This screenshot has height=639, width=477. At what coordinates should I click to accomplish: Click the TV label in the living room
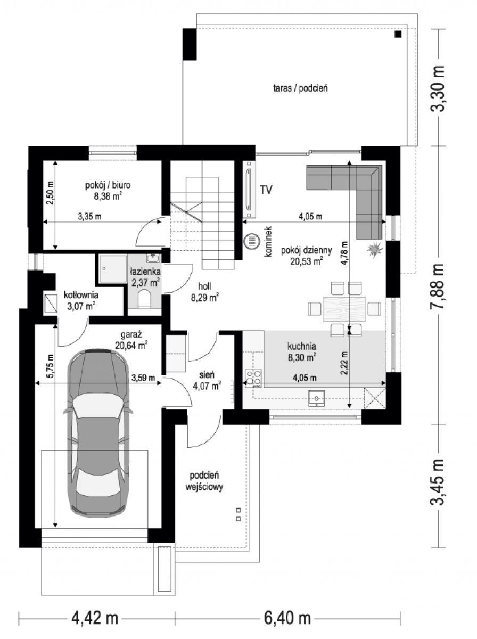[x=266, y=190]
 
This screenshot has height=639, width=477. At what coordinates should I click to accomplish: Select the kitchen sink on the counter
[x=316, y=398]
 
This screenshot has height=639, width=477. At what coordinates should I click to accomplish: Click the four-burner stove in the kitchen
[x=253, y=378]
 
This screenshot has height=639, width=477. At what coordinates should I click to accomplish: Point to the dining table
[x=344, y=309]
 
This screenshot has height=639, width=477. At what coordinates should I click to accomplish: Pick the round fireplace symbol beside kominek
[x=252, y=241]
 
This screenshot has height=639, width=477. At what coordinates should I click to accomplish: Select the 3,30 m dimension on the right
[x=438, y=88]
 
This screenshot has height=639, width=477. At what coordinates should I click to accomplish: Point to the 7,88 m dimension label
[x=438, y=286]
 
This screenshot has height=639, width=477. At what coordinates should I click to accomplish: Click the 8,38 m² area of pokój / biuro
[x=108, y=196]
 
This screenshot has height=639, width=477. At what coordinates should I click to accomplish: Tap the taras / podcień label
[x=300, y=88]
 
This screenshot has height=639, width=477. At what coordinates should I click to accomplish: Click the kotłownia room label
[x=81, y=295]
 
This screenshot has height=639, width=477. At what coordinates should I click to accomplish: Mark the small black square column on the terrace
[x=398, y=35]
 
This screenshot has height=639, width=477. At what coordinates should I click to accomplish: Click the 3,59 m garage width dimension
[x=143, y=378]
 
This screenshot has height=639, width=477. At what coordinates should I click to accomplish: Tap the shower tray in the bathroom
[x=113, y=269]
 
